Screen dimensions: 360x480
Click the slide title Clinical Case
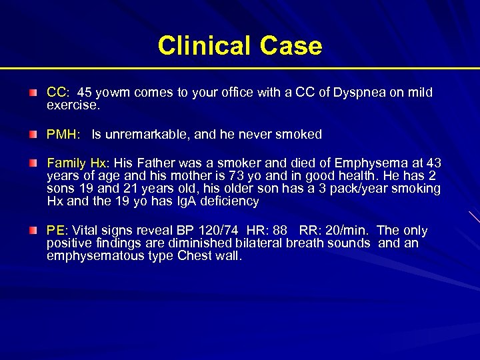240,45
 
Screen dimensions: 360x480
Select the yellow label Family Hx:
78,163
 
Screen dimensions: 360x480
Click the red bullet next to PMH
33,135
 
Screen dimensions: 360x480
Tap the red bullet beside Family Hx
33,163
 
